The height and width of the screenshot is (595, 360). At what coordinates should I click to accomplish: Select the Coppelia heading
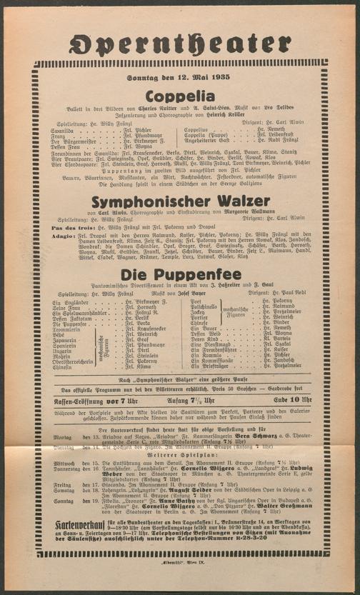(x=180, y=95)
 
